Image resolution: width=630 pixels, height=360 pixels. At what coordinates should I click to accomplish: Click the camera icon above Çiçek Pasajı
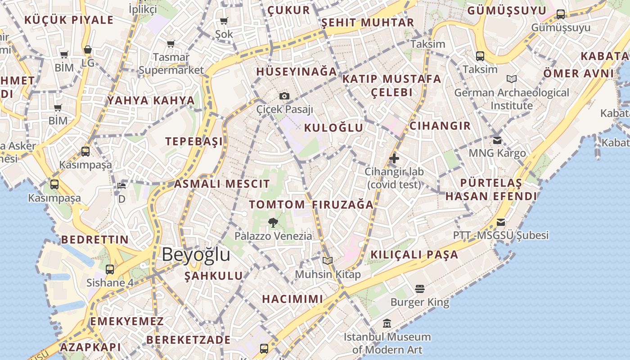(x=284, y=96)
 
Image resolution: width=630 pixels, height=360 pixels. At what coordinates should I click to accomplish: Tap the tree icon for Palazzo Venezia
(x=273, y=222)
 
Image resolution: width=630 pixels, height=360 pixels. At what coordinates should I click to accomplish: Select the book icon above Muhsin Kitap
(x=328, y=261)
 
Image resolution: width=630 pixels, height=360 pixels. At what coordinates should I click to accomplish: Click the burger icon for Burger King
(x=420, y=288)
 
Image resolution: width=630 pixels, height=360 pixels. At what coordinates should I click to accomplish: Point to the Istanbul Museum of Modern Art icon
(x=387, y=324)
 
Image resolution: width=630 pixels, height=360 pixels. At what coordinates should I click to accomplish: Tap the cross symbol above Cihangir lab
(x=394, y=158)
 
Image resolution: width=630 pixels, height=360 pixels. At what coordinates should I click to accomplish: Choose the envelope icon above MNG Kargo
(x=497, y=140)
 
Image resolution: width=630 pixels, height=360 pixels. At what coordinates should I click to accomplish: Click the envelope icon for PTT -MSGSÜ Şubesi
(x=501, y=222)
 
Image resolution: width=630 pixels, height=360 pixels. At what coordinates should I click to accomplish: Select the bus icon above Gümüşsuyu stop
(x=561, y=14)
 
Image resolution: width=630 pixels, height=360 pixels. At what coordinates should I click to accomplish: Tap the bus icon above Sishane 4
(x=110, y=270)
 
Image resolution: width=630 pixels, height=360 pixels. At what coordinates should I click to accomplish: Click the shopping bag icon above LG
(x=88, y=49)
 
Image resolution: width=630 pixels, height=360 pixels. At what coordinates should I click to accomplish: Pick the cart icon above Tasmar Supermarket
(x=171, y=44)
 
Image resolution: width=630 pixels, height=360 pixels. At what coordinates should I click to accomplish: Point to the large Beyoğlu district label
(x=196, y=255)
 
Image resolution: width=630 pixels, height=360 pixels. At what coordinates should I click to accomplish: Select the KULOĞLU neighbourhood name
(x=333, y=128)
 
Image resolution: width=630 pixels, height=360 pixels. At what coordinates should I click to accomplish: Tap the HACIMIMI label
(x=292, y=299)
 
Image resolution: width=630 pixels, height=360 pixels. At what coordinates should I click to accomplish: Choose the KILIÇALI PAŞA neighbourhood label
(x=414, y=255)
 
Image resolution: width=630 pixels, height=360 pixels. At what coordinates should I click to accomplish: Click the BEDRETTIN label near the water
(x=95, y=239)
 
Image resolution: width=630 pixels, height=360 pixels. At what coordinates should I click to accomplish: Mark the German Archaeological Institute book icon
(x=512, y=79)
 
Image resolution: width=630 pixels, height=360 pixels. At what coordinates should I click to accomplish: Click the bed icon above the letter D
(x=121, y=185)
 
